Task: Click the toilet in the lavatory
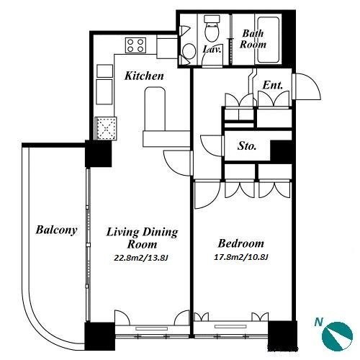(x=212, y=28)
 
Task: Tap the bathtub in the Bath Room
(x=268, y=40)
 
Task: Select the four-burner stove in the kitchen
(x=135, y=45)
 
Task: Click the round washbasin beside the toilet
(x=189, y=51)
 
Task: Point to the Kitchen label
(x=144, y=76)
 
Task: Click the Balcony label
(x=56, y=230)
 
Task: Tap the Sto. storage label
(x=247, y=145)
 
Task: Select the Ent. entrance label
(x=273, y=85)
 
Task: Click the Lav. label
(x=212, y=50)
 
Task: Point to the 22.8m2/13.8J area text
(x=141, y=258)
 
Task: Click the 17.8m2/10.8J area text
(x=240, y=257)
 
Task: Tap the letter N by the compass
(x=319, y=322)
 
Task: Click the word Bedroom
(x=241, y=243)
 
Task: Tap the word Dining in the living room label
(x=160, y=233)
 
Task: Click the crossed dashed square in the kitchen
(x=106, y=128)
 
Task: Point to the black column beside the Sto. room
(x=281, y=152)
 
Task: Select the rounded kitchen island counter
(x=155, y=109)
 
